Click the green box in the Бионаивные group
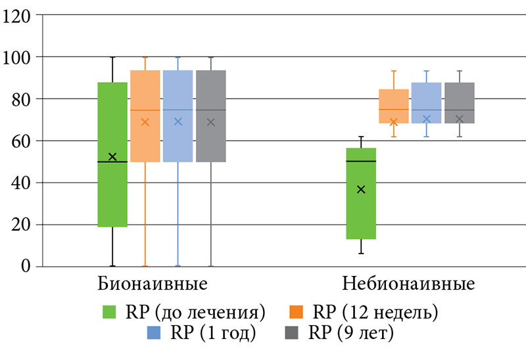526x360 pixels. click(x=112, y=191)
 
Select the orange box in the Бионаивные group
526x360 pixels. click(x=145, y=92)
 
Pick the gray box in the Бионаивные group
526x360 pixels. click(x=211, y=92)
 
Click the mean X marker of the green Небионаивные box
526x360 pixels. click(x=361, y=189)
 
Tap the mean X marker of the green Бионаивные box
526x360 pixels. click(x=112, y=156)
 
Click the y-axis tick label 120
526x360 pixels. click(x=18, y=15)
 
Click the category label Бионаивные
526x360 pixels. click(x=153, y=285)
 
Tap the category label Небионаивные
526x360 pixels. click(x=408, y=285)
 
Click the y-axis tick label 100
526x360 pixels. click(x=18, y=57)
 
